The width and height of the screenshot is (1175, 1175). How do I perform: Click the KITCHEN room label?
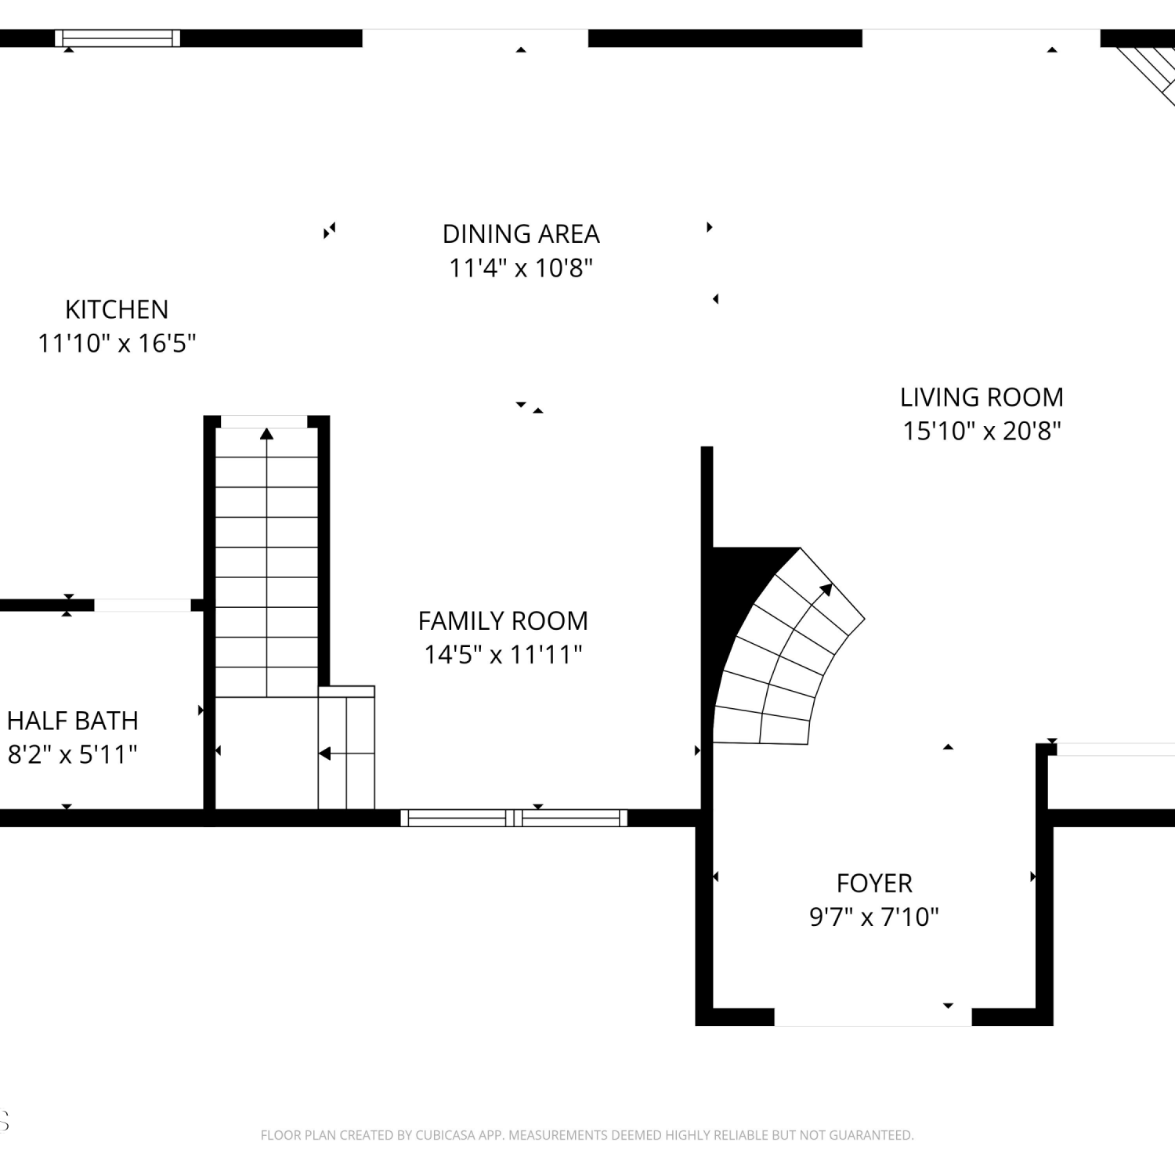pos(117,309)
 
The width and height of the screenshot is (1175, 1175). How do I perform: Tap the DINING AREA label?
pos(521,233)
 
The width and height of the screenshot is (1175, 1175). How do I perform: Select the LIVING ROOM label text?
pos(982,397)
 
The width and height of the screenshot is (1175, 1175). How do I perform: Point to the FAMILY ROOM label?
pos(503,620)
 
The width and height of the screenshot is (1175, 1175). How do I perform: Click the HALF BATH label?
pos(73,721)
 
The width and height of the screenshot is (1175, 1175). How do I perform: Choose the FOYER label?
pos(874,883)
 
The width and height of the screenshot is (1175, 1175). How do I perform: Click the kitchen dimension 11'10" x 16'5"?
pos(117,343)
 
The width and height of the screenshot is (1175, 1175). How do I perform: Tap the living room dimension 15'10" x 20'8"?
pos(982,431)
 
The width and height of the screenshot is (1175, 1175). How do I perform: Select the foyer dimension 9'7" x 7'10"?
pos(874,916)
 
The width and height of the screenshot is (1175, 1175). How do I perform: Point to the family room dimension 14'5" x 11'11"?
pos(503,654)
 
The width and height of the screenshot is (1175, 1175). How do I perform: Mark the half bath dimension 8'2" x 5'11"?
pos(73,754)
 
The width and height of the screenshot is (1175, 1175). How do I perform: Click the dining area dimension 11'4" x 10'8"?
pos(521,268)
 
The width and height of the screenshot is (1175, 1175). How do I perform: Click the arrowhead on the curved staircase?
pos(826,589)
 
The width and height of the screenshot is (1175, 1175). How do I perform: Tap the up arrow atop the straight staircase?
pos(266,433)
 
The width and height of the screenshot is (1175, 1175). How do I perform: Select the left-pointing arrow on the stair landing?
pos(324,754)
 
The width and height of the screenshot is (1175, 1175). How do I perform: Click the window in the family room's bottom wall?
pos(514,818)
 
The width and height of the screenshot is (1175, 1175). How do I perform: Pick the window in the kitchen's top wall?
pos(117,38)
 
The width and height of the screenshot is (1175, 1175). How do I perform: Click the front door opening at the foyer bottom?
pos(873,1017)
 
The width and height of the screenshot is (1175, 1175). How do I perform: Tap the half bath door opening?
pos(143,605)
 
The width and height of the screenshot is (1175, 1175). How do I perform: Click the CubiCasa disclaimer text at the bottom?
pos(587,1135)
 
